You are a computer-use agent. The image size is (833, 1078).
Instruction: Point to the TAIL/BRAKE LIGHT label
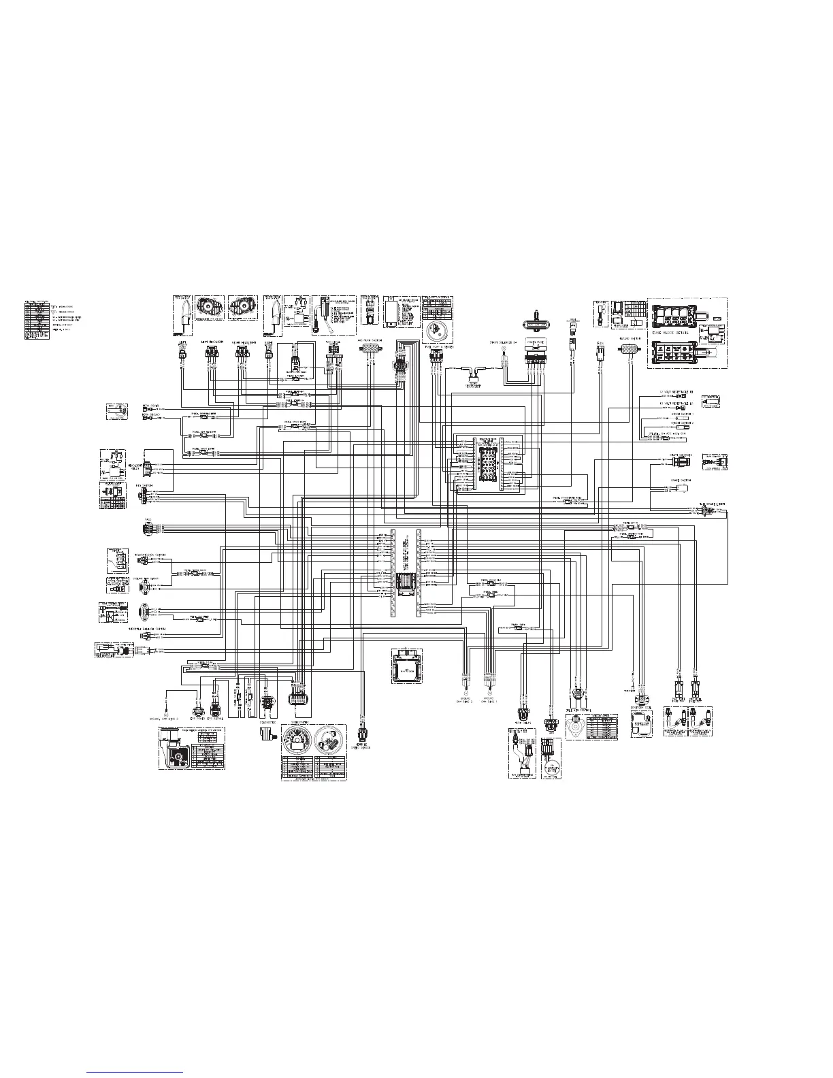[x=712, y=504]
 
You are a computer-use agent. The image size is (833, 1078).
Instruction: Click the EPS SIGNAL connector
[x=216, y=699]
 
